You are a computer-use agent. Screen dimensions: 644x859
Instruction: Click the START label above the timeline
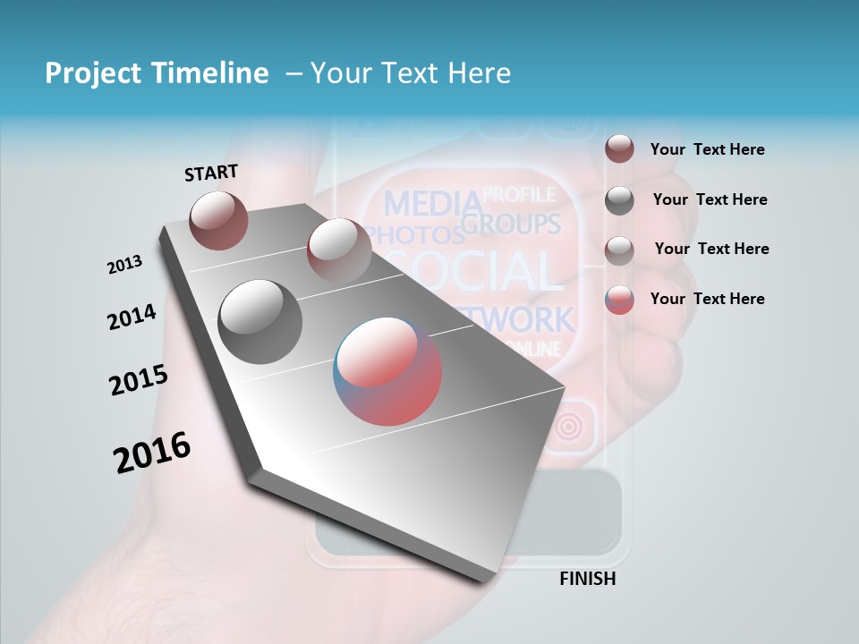(211, 173)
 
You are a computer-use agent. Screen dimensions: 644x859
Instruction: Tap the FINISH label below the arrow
(587, 579)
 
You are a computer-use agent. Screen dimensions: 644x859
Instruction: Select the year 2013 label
(124, 264)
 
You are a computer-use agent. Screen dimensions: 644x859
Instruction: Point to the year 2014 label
(132, 317)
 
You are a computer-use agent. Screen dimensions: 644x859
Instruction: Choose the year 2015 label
(138, 380)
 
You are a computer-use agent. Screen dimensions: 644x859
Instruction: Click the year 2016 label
(152, 453)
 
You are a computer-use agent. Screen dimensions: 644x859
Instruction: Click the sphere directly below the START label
(218, 220)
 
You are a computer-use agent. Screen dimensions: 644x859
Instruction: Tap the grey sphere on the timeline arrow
(260, 321)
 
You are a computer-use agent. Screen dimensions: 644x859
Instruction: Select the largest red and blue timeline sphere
(387, 371)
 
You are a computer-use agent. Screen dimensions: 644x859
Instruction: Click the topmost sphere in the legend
(619, 148)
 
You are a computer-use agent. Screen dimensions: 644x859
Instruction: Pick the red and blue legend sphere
(619, 300)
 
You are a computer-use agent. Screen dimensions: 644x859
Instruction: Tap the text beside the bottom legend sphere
(707, 299)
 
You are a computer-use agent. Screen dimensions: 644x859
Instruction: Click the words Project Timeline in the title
(157, 73)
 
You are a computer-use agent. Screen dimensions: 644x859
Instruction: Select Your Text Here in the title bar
(410, 73)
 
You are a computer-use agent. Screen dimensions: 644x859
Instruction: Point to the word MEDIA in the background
(432, 204)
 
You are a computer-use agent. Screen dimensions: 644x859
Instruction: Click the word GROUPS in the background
(511, 223)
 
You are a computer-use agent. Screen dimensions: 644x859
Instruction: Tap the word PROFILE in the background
(519, 194)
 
